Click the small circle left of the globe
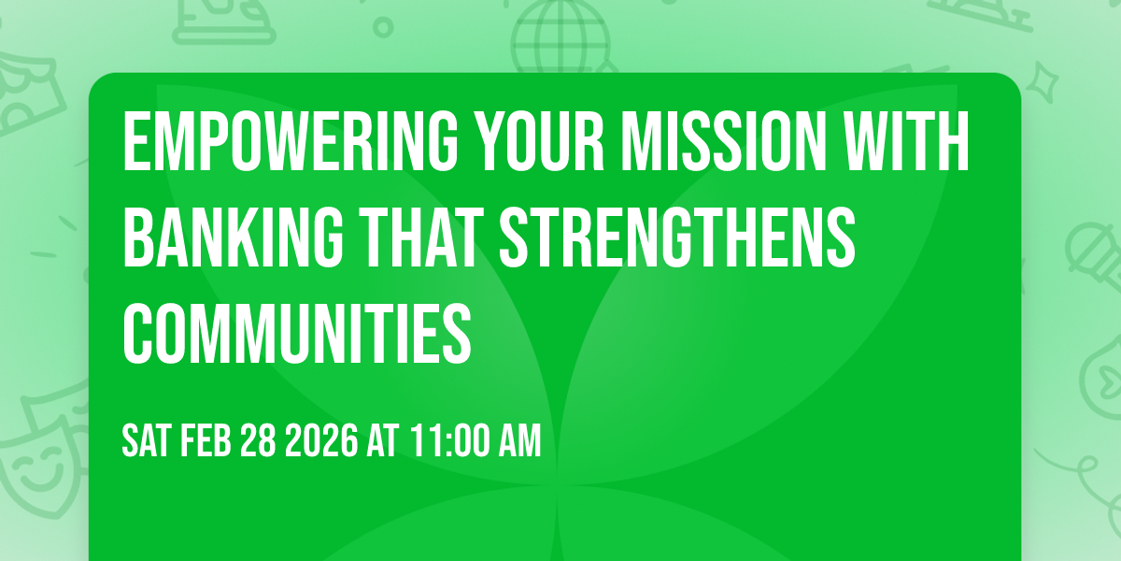point(384,26)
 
